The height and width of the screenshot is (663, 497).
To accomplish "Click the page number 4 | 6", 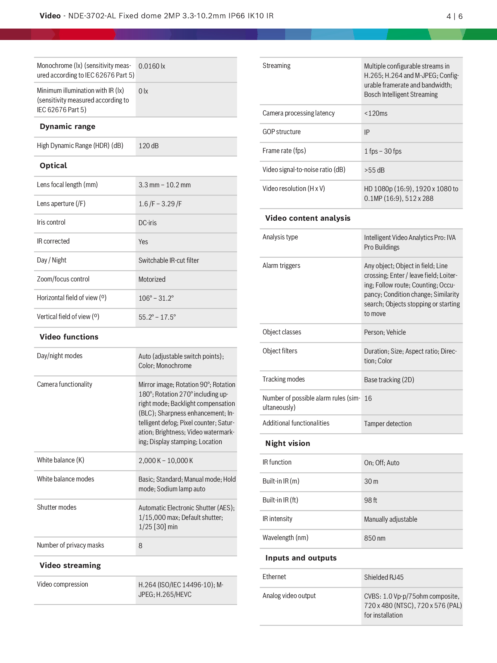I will (x=454, y=16).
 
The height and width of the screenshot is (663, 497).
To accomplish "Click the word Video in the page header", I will (x=50, y=16).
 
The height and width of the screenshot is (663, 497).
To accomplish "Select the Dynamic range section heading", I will (x=67, y=127).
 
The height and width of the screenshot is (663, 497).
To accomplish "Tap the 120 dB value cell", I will (x=148, y=146).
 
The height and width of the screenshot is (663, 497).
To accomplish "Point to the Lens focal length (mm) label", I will (x=67, y=185).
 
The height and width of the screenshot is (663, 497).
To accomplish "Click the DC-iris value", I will (x=147, y=223).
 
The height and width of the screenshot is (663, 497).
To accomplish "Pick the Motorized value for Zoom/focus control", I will (x=152, y=279).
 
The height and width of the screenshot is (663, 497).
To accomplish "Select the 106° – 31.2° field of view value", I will (x=156, y=298).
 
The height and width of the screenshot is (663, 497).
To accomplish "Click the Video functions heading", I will (x=69, y=337).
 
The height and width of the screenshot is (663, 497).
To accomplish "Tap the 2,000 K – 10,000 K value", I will (x=166, y=461).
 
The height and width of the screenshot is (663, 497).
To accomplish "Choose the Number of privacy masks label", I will (x=70, y=545).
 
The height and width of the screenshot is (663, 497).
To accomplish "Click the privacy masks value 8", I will (x=140, y=546).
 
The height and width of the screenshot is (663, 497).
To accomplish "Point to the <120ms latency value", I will (x=376, y=114).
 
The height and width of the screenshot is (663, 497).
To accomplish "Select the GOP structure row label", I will (x=281, y=132).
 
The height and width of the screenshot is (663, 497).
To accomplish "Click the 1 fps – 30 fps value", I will (x=383, y=151).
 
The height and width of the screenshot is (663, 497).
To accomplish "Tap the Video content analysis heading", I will (x=308, y=218).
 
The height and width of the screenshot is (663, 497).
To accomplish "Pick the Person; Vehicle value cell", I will (x=385, y=333).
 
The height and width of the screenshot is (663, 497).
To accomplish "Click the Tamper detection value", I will (x=388, y=424).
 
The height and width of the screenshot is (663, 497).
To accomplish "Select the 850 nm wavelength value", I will (x=374, y=538).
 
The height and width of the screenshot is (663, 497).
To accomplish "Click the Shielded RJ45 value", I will (x=383, y=577).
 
